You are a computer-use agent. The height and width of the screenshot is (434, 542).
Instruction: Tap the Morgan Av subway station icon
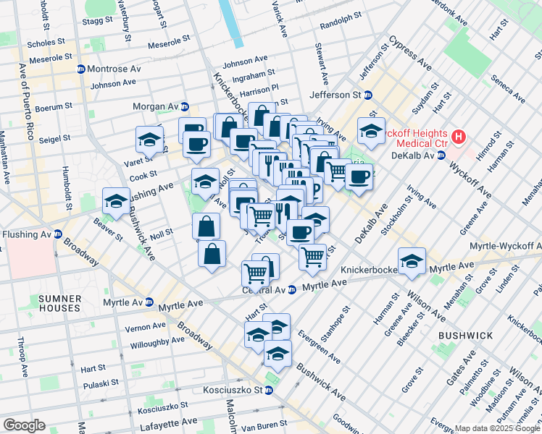coord(185,106)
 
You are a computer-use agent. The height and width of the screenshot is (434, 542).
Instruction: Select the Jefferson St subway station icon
coord(368,95)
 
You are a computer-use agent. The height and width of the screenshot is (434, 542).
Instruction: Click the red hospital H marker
coord(457,136)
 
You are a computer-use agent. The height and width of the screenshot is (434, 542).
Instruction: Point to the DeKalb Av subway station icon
coord(441,156)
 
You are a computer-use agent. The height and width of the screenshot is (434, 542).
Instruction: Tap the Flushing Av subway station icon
coord(58,234)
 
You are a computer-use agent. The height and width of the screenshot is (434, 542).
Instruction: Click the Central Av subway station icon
coord(291,290)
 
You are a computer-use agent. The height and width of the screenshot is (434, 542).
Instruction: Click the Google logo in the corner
coord(24,425)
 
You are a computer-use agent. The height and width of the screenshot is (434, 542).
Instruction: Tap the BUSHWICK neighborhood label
coord(465,336)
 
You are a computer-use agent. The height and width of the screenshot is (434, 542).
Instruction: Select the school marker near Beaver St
coord(116,203)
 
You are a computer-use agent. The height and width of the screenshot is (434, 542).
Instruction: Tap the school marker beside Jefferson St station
coord(371,131)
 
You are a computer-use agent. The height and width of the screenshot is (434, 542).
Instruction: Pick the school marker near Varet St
coord(149,140)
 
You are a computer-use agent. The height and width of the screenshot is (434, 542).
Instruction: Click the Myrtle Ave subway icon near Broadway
coord(149,302)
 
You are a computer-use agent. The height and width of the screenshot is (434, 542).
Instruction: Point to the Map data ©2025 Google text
coord(497,428)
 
